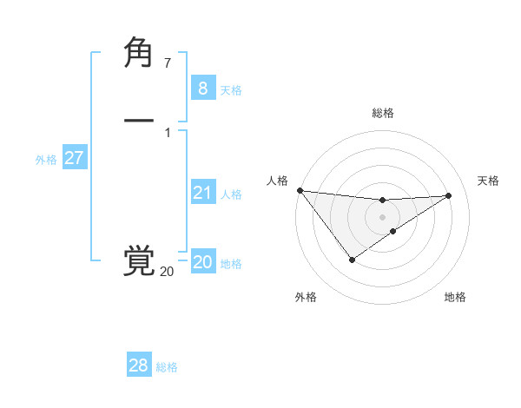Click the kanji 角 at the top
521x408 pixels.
pos(139,55)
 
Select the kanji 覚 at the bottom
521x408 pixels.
pos(139,261)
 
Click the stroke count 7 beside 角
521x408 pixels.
pos(168,63)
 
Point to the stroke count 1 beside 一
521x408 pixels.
pos(168,132)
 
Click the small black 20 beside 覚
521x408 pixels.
pos(167,272)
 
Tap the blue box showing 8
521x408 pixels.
pos(202,89)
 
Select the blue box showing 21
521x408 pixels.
pos(202,193)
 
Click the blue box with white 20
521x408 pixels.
pos(202,262)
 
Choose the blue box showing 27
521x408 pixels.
pos(74,158)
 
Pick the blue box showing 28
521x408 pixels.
pos(138,365)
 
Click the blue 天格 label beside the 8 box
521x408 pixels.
pos(231,90)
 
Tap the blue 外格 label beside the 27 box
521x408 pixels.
pos(46,160)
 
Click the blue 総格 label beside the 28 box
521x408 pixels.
pos(167,367)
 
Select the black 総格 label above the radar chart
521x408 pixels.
pos(383,113)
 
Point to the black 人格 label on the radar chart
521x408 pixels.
pos(277,181)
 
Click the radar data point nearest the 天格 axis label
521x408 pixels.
pos(448,195)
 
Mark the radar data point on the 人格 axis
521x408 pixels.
pos(300,190)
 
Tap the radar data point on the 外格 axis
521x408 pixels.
pos(352,260)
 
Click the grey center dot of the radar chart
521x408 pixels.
pos(383,216)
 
